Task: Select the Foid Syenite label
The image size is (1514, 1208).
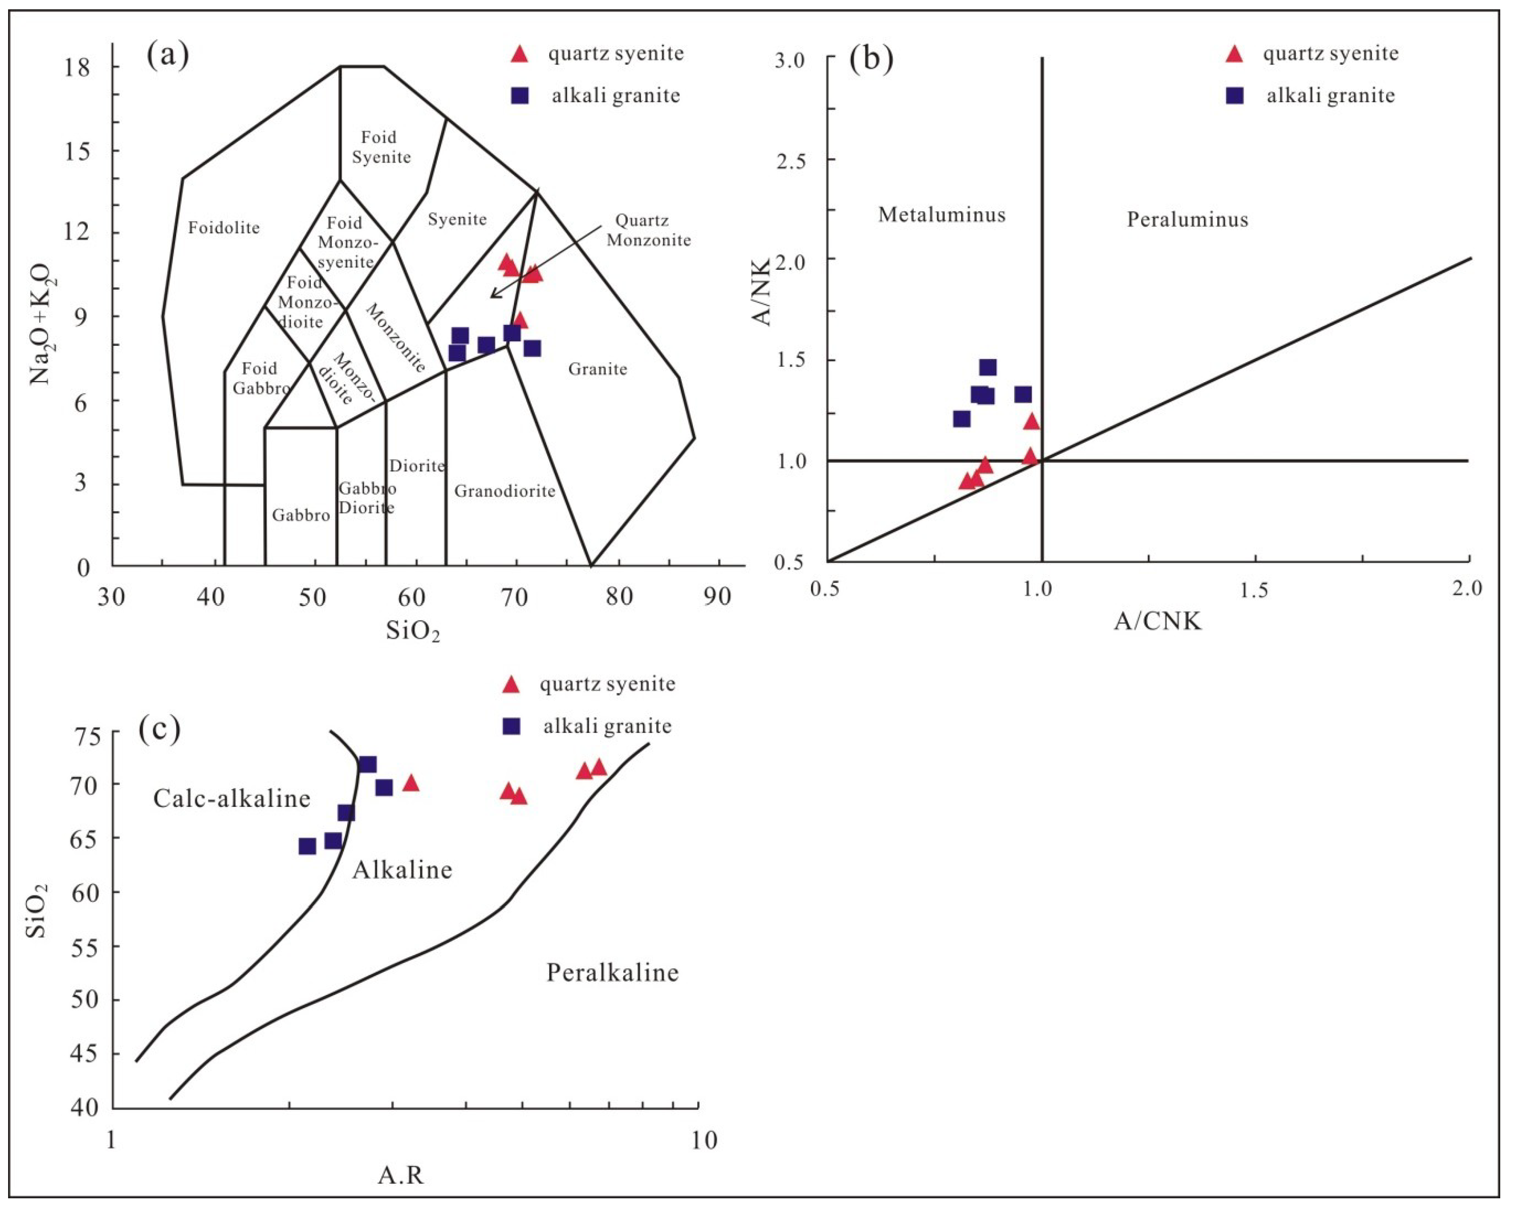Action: coord(380,147)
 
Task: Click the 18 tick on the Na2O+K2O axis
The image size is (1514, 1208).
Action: coord(78,68)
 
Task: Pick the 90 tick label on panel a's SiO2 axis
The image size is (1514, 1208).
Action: coord(717,596)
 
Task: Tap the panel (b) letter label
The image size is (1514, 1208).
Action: coord(871,59)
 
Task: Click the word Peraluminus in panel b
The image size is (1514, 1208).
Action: coord(1187,220)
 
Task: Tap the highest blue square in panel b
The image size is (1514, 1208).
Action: coord(987,367)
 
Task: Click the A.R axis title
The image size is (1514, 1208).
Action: coord(401,1175)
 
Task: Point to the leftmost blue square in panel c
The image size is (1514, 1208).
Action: coord(307,846)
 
